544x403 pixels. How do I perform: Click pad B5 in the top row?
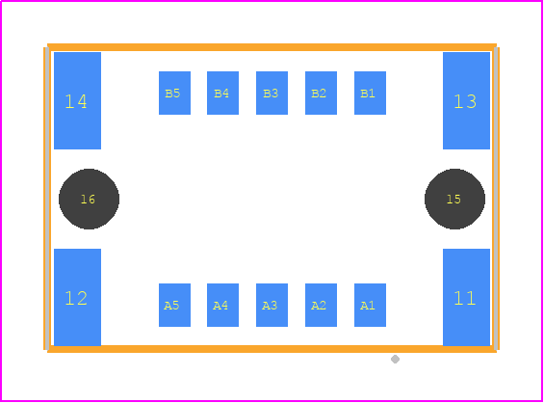coord(174,93)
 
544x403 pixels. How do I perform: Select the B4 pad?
coord(222,93)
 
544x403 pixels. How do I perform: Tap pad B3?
coord(272,93)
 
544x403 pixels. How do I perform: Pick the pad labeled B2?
coord(321,93)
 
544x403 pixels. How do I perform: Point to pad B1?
coord(370,93)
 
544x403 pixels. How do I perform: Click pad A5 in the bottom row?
coord(174,305)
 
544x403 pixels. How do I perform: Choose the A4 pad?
coord(222,305)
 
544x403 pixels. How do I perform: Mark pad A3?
coord(272,305)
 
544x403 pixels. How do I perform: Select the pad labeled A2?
coord(321,305)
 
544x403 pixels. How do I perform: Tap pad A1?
coord(370,305)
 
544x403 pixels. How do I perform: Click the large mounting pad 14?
coord(77,100)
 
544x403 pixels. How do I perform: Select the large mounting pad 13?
coord(466,100)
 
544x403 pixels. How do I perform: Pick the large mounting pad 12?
coord(77,297)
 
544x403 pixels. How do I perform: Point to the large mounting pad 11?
coord(466,297)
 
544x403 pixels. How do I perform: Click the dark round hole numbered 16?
coord(90,199)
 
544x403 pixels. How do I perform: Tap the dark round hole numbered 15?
coord(454,199)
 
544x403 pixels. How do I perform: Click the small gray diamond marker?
coord(395,359)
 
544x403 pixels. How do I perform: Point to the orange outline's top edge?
coord(272,47)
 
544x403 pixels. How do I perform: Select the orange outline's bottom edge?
coord(272,349)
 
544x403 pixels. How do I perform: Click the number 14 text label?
coord(76,102)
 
